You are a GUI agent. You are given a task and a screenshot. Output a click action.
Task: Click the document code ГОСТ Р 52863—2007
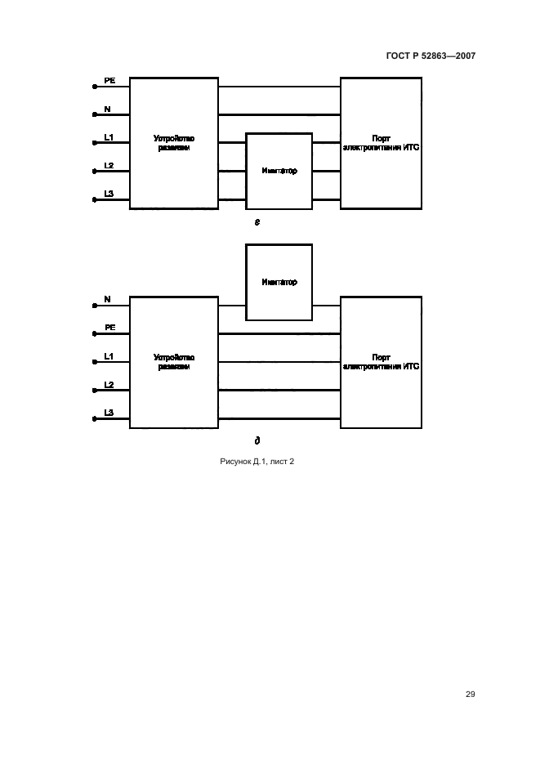pyautogui.click(x=431, y=56)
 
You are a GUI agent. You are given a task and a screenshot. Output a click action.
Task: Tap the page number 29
pyautogui.click(x=470, y=694)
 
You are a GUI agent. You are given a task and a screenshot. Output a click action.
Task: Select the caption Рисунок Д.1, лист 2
pyautogui.click(x=257, y=462)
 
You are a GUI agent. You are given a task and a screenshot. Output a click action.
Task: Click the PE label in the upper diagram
pyautogui.click(x=109, y=81)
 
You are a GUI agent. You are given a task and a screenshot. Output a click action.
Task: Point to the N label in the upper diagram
pyautogui.click(x=107, y=109)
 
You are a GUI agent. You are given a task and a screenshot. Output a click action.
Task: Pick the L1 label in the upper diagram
pyautogui.click(x=109, y=137)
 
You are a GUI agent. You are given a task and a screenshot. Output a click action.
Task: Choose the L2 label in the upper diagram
pyautogui.click(x=109, y=166)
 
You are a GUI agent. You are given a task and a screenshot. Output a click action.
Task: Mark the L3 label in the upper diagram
pyautogui.click(x=109, y=194)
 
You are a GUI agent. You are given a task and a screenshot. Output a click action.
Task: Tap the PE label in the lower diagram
pyautogui.click(x=109, y=328)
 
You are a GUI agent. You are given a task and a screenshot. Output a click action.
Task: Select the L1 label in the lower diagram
pyautogui.click(x=109, y=356)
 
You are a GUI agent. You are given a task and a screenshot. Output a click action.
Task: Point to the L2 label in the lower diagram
pyautogui.click(x=109, y=384)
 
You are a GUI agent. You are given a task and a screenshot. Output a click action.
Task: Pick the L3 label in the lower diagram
pyautogui.click(x=109, y=413)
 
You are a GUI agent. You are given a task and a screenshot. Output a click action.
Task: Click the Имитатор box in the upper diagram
pyautogui.click(x=279, y=172)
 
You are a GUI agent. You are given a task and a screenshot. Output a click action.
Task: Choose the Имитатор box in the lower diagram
pyautogui.click(x=279, y=282)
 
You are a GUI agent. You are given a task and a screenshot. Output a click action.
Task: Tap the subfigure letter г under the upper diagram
pyautogui.click(x=257, y=221)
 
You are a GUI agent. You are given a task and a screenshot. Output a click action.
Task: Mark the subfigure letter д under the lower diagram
pyautogui.click(x=257, y=440)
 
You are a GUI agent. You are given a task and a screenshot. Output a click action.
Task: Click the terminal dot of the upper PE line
pyautogui.click(x=95, y=87)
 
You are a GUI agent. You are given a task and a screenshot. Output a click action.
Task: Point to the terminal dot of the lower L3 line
pyautogui.click(x=95, y=418)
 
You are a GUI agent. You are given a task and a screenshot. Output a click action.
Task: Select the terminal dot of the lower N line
pyautogui.click(x=95, y=306)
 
